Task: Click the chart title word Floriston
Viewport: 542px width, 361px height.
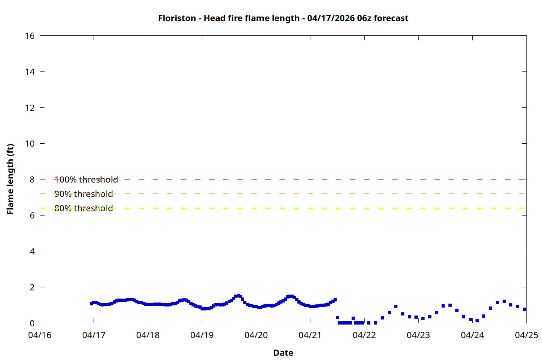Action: point(177,18)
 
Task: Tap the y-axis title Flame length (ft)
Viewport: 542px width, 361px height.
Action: point(10,179)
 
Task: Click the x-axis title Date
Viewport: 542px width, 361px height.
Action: point(283,353)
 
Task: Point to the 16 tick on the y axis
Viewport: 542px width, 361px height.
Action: point(30,36)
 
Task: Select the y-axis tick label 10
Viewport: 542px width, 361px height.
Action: point(30,144)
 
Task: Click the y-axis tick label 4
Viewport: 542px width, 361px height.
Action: point(32,251)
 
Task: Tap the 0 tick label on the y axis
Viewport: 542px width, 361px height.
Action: point(32,323)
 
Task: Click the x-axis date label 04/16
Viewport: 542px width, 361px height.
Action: point(40,335)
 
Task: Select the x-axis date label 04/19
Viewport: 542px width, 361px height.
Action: point(202,335)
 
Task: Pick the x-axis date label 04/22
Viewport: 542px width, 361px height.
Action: point(364,335)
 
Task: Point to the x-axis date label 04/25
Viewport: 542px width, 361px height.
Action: point(526,335)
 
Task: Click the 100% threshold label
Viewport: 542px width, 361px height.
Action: point(86,179)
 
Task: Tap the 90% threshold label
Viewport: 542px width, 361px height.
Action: point(83,194)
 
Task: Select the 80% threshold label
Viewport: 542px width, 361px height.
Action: point(83,208)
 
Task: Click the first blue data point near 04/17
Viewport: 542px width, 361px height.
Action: point(91,304)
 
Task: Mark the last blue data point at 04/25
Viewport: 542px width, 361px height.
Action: point(524,309)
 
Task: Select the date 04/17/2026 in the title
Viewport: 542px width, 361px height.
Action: point(331,18)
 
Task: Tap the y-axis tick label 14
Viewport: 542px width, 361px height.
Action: point(30,72)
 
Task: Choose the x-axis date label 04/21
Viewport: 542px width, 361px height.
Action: point(310,335)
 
